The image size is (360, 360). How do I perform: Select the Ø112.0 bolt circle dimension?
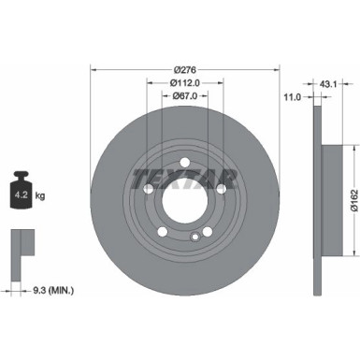pyautogui.click(x=185, y=81)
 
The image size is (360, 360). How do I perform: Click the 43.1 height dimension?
pyautogui.click(x=327, y=85)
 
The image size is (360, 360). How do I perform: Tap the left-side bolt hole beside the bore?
pyautogui.click(x=149, y=188)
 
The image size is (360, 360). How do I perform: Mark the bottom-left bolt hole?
pyautogui.click(x=163, y=232)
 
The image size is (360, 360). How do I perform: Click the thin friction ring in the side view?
pyautogui.click(x=317, y=122)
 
